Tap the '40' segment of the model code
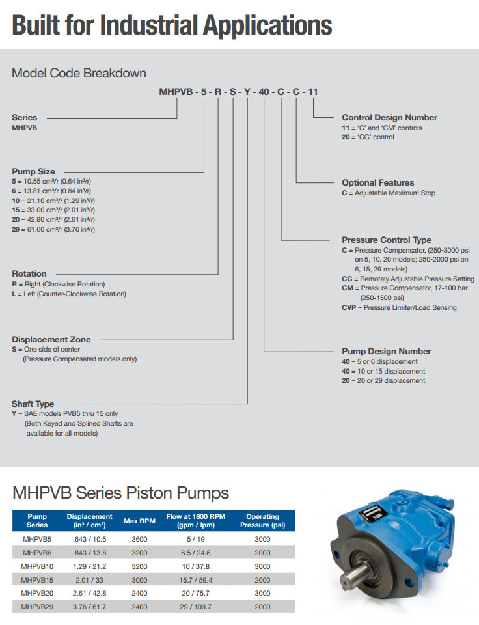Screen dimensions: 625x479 [264, 92]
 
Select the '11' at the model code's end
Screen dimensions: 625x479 [313, 92]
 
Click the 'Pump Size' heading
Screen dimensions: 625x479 [33, 171]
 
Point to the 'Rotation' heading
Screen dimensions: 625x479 [29, 273]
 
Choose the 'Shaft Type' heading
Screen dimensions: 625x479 [33, 404]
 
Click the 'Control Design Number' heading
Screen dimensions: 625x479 [389, 118]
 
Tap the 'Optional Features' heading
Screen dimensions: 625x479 [377, 183]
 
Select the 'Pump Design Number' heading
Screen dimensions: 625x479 [387, 351]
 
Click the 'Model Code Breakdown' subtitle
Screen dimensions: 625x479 [79, 73]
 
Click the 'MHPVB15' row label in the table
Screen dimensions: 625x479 [37, 579]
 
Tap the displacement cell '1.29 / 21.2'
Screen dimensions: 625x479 [89, 566]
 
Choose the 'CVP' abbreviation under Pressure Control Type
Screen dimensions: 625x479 [349, 307]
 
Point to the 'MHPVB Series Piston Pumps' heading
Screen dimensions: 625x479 [120, 492]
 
